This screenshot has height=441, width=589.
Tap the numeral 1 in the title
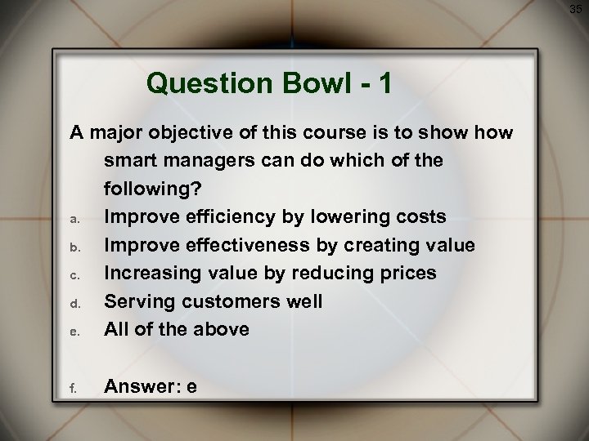[x=385, y=82]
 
